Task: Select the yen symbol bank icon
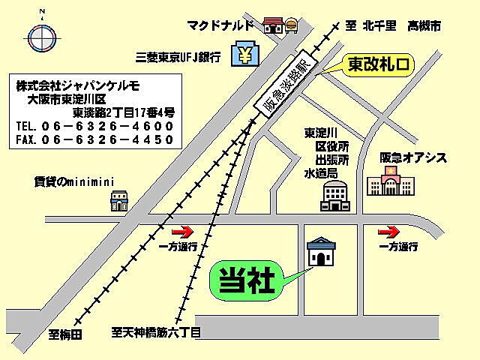click(244, 55)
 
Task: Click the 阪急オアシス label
click(413, 157)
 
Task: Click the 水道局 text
click(320, 173)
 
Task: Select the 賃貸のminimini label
click(73, 181)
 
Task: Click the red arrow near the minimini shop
click(182, 232)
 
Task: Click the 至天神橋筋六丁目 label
click(157, 331)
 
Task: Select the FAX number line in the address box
click(94, 139)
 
